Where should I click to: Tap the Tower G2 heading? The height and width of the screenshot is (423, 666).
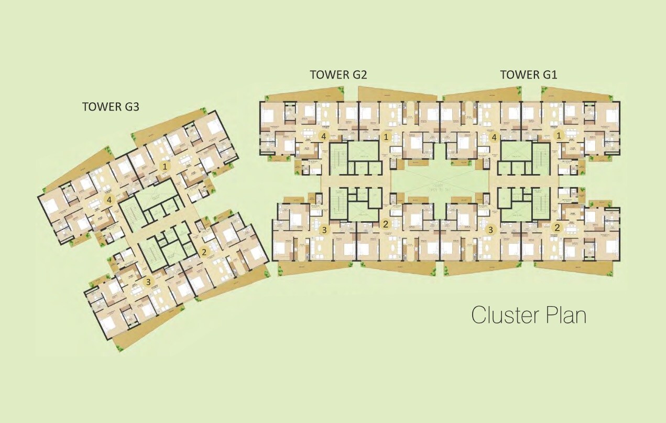tap(338, 74)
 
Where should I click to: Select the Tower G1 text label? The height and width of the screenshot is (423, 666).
tap(528, 74)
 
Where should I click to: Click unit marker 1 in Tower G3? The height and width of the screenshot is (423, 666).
tap(165, 167)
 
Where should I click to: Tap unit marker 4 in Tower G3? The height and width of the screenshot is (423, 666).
tap(109, 200)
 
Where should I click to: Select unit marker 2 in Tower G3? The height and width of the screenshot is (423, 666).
tap(204, 252)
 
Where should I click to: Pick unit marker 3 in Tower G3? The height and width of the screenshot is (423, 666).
tap(148, 283)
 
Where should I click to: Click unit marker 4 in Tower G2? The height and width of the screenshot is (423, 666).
tap(324, 137)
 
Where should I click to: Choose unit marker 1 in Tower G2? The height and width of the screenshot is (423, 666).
tap(387, 137)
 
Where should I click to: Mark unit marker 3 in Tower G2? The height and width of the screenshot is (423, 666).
tap(324, 229)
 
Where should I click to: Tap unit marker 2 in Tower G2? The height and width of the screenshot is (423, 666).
tap(386, 224)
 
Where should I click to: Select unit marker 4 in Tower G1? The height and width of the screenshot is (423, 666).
tap(494, 137)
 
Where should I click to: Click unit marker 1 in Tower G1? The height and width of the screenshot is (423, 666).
tap(559, 135)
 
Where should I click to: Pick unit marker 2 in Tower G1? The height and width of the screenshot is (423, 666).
tap(558, 227)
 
